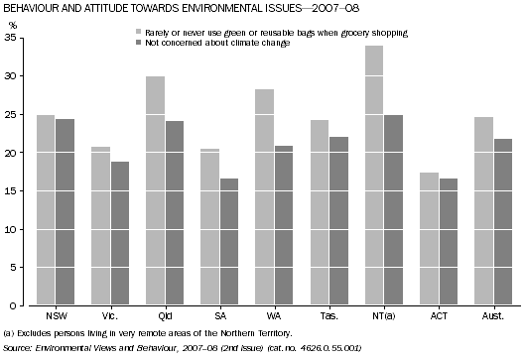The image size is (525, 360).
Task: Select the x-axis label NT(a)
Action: (x=379, y=315)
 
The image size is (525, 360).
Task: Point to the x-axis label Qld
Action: (x=163, y=315)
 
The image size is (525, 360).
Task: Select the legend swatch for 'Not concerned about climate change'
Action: (x=138, y=42)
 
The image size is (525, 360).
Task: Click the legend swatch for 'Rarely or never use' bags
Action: (x=138, y=33)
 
